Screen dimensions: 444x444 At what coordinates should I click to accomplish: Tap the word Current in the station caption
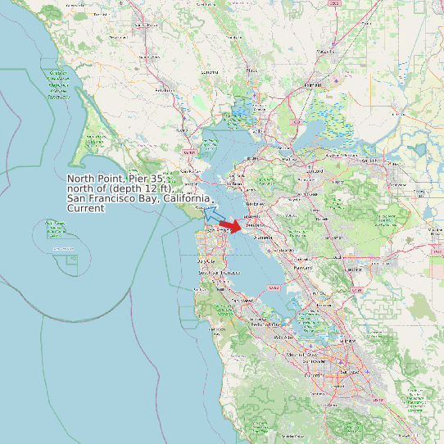85,209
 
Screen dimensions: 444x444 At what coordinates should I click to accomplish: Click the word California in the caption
187,199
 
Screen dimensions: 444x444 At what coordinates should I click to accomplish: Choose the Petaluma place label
166,90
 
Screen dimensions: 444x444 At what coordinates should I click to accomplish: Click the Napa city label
251,71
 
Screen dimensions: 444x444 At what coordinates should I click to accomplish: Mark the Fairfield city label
312,85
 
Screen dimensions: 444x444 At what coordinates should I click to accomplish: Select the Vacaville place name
325,52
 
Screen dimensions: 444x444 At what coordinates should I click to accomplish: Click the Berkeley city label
254,204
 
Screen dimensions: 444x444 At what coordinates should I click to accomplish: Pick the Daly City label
205,261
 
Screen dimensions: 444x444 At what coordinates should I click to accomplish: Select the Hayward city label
303,267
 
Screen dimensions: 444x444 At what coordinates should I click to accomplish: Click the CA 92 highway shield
273,288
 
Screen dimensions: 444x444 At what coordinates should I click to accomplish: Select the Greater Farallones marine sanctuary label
57,85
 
